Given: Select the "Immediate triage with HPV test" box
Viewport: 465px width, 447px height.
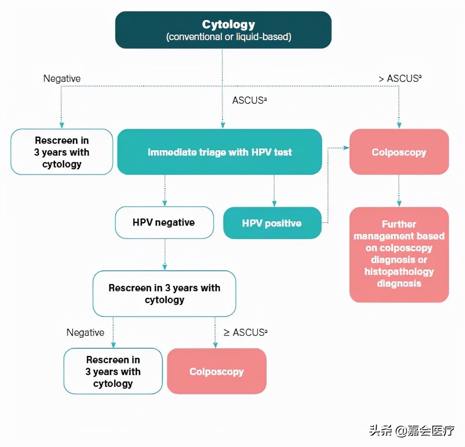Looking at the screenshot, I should (219, 152).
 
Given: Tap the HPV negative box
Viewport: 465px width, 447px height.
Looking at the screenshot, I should (164, 223).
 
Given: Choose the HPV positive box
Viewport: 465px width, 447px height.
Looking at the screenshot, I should (272, 223).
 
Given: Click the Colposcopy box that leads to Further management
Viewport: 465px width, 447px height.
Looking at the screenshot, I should (399, 152).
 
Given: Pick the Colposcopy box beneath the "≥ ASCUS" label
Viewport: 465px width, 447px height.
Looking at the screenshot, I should (217, 371).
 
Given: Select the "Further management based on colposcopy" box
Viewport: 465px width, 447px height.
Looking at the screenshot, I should (399, 254).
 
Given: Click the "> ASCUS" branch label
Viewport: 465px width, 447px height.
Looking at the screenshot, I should (400, 78).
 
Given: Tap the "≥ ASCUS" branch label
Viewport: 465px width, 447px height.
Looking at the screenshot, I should (244, 332).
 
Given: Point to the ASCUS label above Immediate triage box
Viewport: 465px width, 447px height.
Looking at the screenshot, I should (249, 100).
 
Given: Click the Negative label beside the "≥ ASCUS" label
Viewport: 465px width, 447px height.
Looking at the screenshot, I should (85, 332).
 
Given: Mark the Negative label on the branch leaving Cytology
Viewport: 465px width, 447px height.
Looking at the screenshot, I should (62, 78).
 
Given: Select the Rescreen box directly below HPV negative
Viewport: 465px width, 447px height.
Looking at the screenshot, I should (164, 294).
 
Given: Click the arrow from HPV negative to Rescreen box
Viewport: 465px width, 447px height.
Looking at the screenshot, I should (165, 255).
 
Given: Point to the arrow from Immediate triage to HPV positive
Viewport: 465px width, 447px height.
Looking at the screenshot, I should (274, 191).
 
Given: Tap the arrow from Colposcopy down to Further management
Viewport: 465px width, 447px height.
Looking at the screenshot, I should (399, 191).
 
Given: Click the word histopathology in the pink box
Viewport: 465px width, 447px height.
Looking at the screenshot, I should (399, 272).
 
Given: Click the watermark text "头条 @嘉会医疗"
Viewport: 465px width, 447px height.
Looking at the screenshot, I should (412, 430).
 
